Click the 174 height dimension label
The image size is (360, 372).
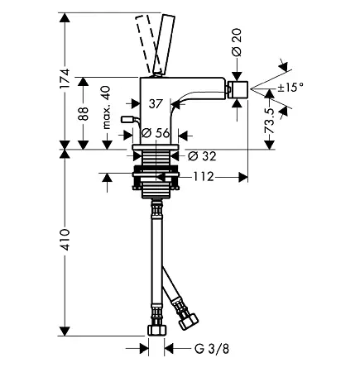[x=65, y=79]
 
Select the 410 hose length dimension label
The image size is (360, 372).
[x=65, y=240]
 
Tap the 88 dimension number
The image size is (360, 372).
[x=83, y=113]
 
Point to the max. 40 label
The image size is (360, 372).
[x=107, y=107]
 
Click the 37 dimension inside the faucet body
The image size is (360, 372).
[x=156, y=104]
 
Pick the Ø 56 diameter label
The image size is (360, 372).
[x=156, y=133]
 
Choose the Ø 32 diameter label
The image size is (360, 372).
[x=202, y=156]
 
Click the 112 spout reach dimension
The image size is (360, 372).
[x=204, y=177]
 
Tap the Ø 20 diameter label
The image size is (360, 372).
[x=237, y=42]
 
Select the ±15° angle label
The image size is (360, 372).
[x=290, y=88]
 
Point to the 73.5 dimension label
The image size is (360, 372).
[x=270, y=121]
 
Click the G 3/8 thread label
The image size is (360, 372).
[x=212, y=349]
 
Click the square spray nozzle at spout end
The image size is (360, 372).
[x=237, y=89]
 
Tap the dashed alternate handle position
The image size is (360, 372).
[x=146, y=44]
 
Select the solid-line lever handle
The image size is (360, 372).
[x=164, y=45]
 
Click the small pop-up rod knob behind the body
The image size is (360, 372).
[x=127, y=119]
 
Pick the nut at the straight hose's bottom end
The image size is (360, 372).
[x=157, y=330]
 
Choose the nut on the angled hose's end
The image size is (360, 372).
[x=189, y=321]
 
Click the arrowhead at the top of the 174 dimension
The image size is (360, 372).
[x=65, y=17]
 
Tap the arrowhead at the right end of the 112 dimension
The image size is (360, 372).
[x=243, y=177]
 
